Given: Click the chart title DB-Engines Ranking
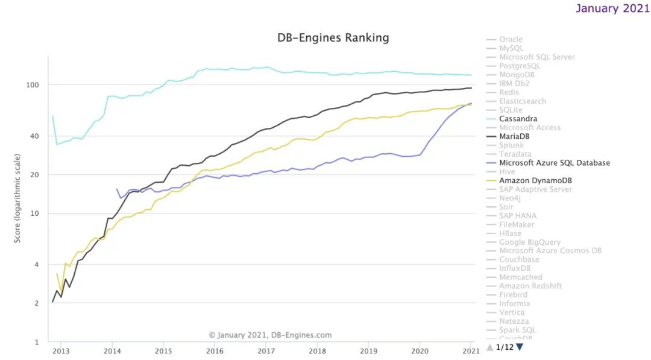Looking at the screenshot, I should pos(333,38).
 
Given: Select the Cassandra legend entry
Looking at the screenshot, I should pos(518,119).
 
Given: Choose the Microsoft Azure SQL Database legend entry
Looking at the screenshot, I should pos(554,163).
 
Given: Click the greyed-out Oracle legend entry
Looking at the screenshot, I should pos(511,40).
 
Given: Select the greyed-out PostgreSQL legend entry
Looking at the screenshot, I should pos(520,66).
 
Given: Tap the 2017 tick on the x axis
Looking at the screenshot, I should pos(266,350).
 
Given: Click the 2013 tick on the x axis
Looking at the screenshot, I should pos(61,350).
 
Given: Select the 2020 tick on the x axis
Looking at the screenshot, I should pos(420,350).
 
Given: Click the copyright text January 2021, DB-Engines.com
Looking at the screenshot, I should pos(270,335).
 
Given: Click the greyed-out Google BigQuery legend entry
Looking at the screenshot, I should pos(529,242).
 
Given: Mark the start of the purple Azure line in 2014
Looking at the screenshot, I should pos(117,189).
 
